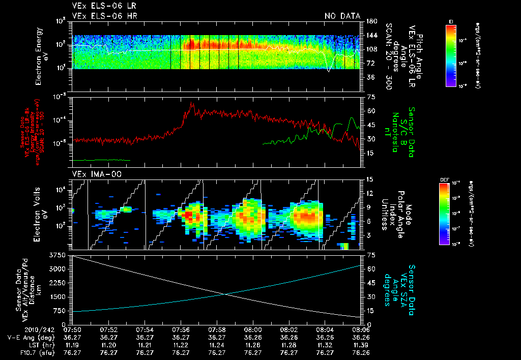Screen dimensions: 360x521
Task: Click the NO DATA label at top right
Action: tap(342, 16)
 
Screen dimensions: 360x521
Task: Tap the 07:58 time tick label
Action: tap(217, 329)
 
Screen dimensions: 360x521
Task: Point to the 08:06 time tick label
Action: tap(360, 329)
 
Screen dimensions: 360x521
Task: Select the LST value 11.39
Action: tap(360, 344)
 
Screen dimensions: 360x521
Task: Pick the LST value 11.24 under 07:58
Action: tap(217, 344)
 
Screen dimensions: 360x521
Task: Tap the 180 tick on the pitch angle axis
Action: tap(370, 21)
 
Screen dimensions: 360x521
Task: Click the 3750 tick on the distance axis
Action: tap(59, 254)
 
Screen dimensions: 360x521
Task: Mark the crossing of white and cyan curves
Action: tap(224, 294)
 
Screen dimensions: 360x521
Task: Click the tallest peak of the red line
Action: tap(192, 103)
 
